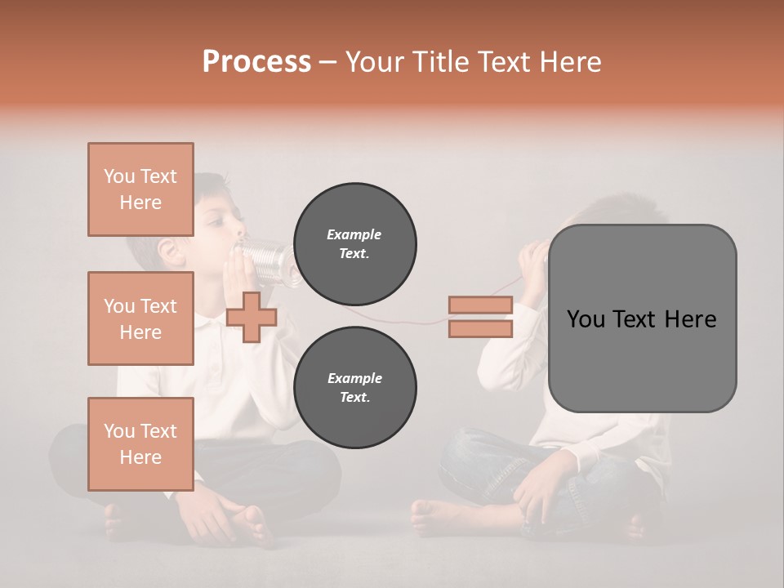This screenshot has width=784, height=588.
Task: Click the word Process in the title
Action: [x=256, y=62]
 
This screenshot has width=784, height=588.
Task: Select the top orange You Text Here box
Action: [x=140, y=189]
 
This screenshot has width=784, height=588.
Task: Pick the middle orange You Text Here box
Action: [x=140, y=318]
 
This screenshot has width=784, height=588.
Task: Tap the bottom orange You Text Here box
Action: [x=140, y=444]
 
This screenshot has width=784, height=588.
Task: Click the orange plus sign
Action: [x=251, y=317]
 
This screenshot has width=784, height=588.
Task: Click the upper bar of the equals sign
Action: [x=480, y=305]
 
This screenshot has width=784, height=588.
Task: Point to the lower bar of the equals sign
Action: [x=480, y=329]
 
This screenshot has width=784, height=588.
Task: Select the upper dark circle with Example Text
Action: [x=354, y=243]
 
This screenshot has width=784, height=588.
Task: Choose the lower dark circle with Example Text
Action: [x=354, y=387]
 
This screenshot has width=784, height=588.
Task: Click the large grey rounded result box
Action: [x=642, y=318]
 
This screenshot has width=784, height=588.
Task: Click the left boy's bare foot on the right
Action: [x=249, y=526]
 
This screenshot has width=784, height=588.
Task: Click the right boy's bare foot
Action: [x=433, y=518]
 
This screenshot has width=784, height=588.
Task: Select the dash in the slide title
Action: [x=328, y=62]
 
